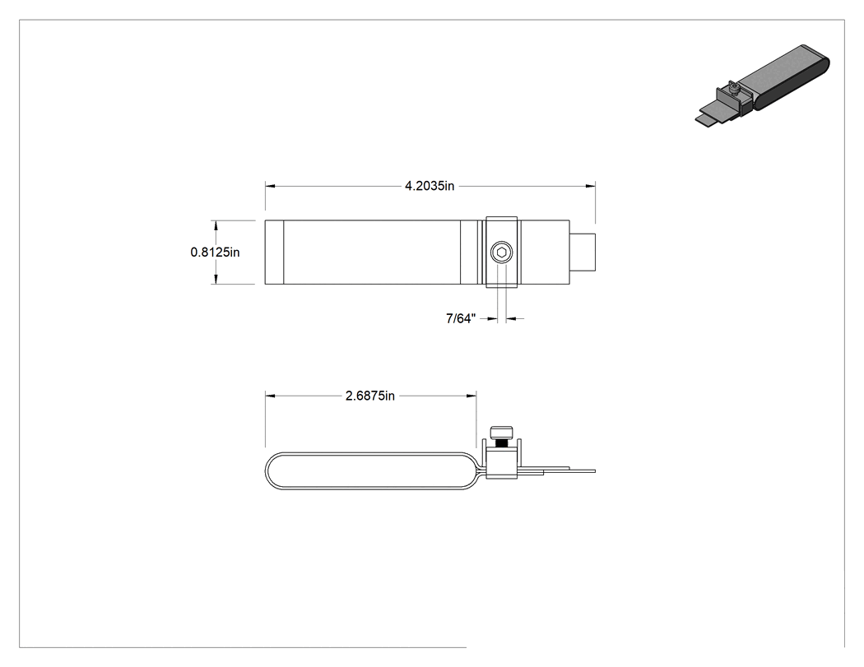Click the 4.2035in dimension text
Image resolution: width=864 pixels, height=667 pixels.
[x=430, y=186]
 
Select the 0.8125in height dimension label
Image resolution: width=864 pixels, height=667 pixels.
[x=215, y=252]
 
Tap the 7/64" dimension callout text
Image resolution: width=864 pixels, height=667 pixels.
[x=461, y=318]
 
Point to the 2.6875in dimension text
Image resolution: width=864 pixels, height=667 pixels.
[x=370, y=396]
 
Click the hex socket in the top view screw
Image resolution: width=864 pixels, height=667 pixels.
[x=501, y=253]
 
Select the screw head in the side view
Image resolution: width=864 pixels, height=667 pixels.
[x=501, y=433]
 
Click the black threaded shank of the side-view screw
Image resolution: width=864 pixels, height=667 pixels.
[x=501, y=442]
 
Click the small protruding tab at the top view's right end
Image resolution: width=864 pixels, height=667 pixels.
[x=583, y=252]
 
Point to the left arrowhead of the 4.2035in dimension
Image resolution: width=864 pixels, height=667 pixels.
[x=270, y=186]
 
